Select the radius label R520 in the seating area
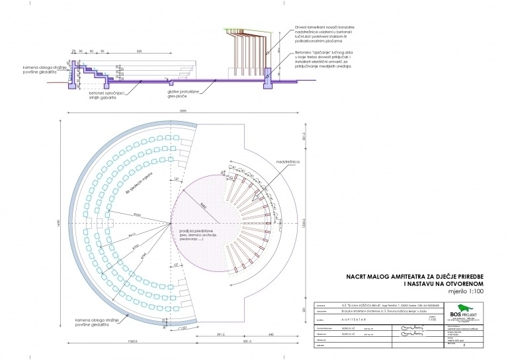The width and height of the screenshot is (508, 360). pyautogui.click(x=137, y=216)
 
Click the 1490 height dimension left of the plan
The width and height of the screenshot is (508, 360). pyautogui.click(x=58, y=225)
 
